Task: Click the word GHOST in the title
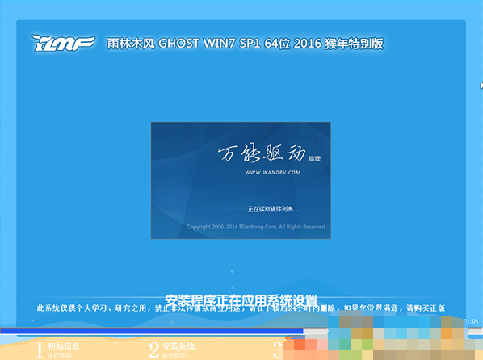183,43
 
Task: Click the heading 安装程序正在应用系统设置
241,299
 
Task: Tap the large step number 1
38,350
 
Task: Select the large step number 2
153,350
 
